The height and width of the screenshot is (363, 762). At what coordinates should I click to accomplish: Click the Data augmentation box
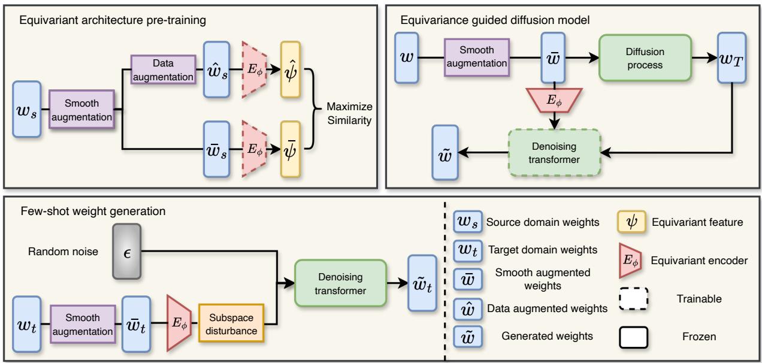point(163,69)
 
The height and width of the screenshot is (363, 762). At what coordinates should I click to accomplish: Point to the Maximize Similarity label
point(350,113)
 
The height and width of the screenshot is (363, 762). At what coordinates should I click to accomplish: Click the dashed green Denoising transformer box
point(554,153)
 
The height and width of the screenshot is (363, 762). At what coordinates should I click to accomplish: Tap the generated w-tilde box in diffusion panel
point(444,153)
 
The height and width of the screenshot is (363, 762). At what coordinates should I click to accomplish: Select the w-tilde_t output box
point(422,283)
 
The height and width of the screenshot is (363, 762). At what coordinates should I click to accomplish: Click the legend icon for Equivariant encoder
point(634,261)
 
